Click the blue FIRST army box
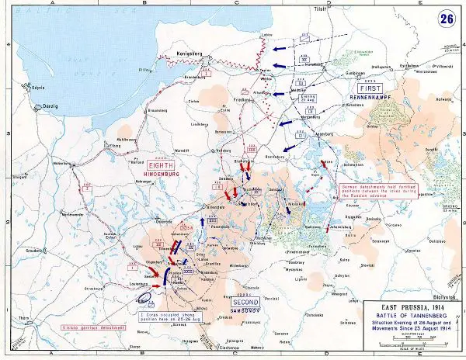[364, 90]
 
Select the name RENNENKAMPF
[367, 98]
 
